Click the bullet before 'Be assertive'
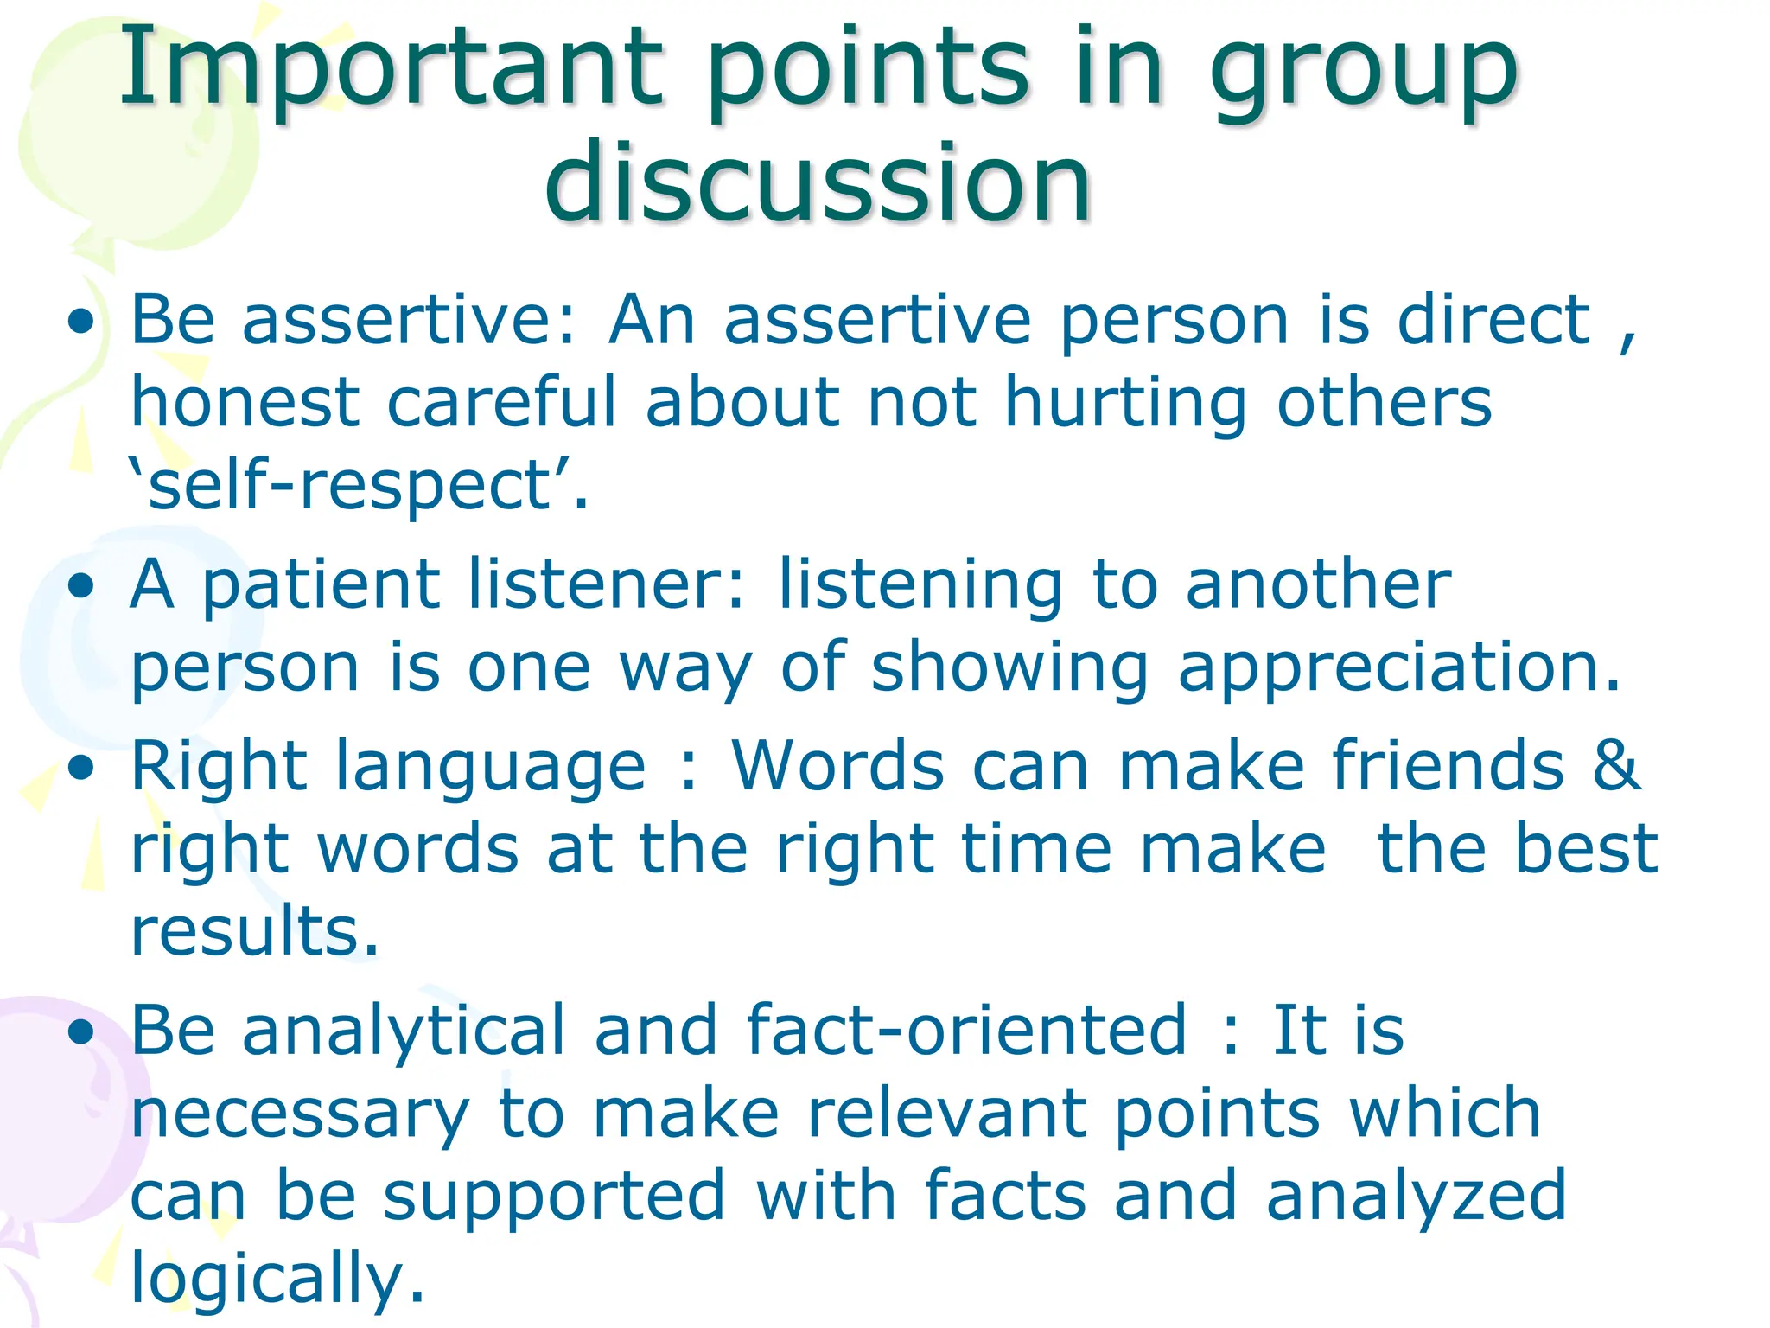point(82,322)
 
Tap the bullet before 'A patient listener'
point(82,587)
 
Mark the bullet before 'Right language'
point(82,769)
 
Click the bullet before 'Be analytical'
point(82,1031)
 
